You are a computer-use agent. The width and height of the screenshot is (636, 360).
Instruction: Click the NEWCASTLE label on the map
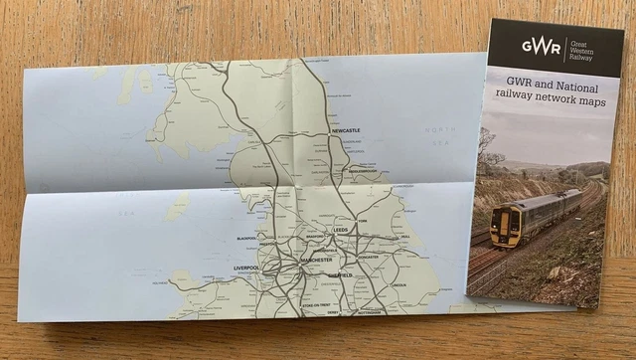pos(345,130)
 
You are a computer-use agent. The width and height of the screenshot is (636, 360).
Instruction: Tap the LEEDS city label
pos(341,230)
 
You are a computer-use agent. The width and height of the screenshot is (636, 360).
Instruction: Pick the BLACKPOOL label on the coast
pos(246,240)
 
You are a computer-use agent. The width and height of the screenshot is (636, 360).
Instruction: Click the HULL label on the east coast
pos(404,237)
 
